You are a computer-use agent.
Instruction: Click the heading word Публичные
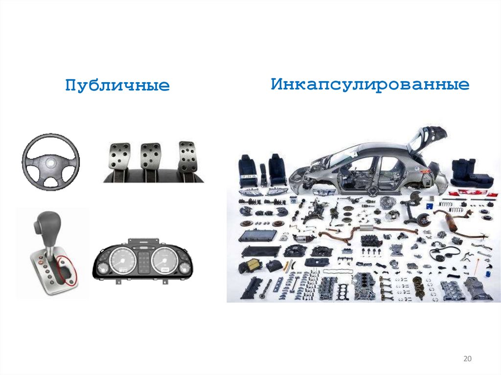(x=117, y=86)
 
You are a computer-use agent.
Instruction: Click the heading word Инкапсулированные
(x=370, y=85)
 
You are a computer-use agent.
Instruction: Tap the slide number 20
(x=467, y=359)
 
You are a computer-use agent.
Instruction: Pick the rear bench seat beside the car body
(x=470, y=174)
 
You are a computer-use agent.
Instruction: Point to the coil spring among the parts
(x=455, y=210)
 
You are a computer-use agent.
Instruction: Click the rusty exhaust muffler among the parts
(x=451, y=222)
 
